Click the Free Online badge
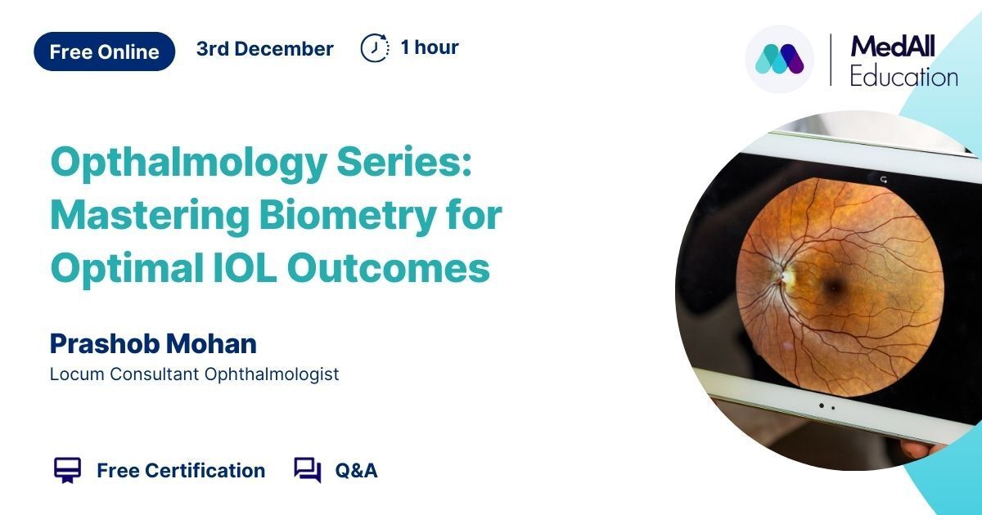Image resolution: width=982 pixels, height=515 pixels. pos(105,51)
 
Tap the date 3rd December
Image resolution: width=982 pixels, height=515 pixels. pos(265,48)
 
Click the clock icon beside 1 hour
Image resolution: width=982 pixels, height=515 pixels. pos(375,47)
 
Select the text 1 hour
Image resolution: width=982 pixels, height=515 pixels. pos(430,47)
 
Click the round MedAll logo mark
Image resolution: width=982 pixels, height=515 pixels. pos(779,59)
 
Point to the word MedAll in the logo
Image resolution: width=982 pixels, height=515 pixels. pos(893,46)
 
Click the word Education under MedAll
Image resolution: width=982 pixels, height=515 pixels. pos(904,77)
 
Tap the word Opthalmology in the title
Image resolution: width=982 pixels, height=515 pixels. pos(188,163)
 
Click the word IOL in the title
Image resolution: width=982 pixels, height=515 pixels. pos(245,267)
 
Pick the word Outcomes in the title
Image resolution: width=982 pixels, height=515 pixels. pos(389,267)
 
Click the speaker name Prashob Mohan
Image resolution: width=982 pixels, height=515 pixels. pos(153,343)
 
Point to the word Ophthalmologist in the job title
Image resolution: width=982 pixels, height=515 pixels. pos(272,374)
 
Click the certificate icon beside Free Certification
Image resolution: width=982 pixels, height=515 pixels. pos(67,470)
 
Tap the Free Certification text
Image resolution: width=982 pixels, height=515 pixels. pos(181,471)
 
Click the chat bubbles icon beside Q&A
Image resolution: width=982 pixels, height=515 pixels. pos(308,470)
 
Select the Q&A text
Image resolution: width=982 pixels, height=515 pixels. pos(356,471)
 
